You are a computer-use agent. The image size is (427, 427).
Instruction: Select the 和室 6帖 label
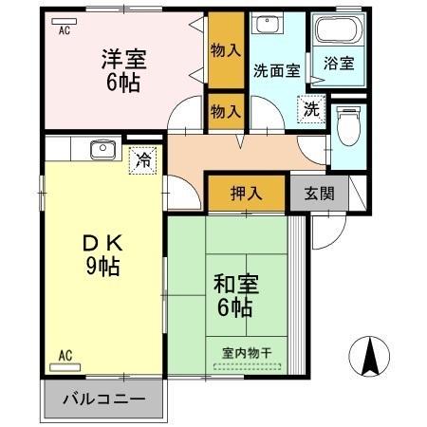[232, 294]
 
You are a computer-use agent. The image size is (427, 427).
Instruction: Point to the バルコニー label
[104, 399]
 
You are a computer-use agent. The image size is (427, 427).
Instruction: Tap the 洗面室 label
[276, 69]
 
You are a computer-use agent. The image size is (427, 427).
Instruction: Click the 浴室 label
[339, 64]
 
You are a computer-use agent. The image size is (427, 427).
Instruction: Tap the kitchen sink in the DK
[100, 148]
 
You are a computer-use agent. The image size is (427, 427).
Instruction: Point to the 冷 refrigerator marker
[142, 158]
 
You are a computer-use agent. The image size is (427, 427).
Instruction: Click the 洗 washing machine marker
[311, 109]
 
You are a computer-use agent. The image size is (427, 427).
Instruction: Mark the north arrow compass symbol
[371, 357]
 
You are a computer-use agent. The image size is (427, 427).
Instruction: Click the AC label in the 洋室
[65, 30]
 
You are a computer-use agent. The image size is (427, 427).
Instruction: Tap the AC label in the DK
[65, 356]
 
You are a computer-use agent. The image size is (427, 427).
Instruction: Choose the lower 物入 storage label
[226, 110]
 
